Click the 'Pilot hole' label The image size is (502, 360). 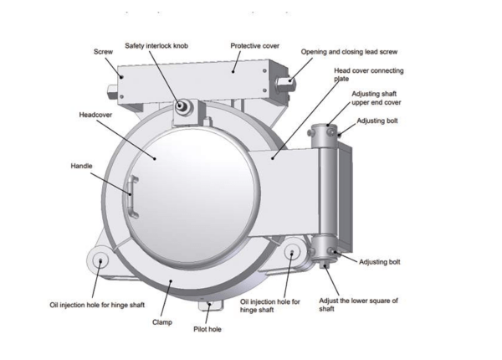(x=207, y=329)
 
